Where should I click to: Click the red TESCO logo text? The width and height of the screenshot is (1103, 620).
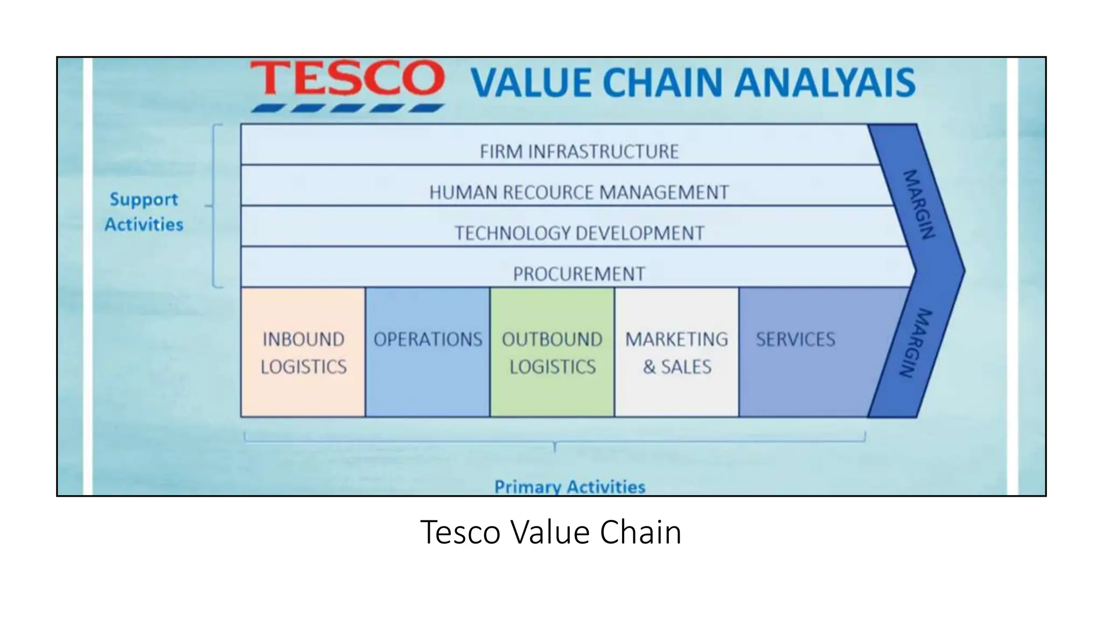(347, 79)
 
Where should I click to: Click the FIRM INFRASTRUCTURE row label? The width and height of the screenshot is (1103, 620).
(579, 152)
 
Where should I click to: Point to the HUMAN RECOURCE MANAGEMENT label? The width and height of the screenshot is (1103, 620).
(579, 192)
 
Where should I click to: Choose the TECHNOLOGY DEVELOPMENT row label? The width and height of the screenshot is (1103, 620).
(579, 233)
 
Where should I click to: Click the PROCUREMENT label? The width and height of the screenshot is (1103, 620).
(579, 274)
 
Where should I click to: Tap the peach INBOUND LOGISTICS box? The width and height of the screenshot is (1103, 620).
(303, 353)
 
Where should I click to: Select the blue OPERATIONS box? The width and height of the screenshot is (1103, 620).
(428, 353)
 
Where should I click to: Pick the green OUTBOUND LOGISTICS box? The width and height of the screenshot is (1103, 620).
(552, 353)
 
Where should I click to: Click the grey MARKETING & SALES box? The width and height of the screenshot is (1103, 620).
(676, 353)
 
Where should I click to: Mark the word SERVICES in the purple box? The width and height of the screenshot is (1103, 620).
(795, 340)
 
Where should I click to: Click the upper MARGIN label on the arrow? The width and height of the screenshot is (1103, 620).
(918, 205)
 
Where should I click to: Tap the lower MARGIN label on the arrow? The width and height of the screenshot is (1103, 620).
(916, 343)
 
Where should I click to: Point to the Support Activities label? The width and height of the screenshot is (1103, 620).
(144, 212)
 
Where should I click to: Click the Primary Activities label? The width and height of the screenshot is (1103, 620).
(569, 487)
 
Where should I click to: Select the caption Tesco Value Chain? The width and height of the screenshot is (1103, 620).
(550, 532)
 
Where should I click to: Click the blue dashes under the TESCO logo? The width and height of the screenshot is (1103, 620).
(347, 108)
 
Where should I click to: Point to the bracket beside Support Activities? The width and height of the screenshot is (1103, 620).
(215, 206)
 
